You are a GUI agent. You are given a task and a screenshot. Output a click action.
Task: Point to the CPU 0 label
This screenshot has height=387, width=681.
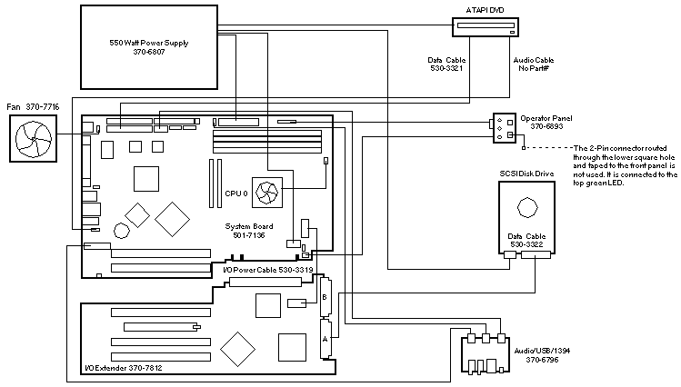pos(235,194)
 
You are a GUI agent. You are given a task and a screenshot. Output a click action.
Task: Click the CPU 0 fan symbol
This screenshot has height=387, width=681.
pos(268,193)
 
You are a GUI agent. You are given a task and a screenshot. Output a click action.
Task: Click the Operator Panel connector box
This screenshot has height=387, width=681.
pos(505,128)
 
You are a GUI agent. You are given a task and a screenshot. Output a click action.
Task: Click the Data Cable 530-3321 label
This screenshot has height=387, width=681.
pos(447,66)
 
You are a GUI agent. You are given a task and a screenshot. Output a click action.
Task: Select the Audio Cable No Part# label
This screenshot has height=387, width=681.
pos(532,66)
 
